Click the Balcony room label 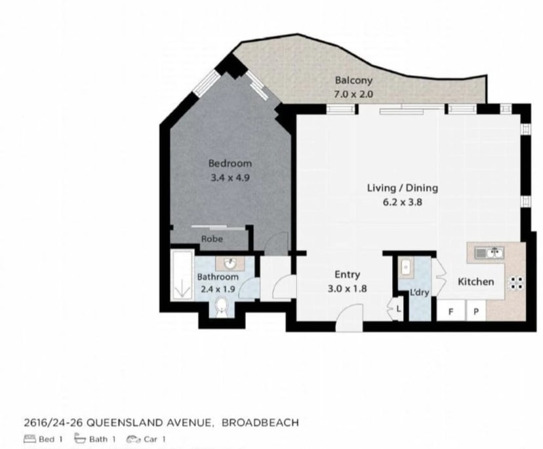353,81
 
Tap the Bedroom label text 230,163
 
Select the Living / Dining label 401,188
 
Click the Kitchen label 475,282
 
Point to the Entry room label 347,275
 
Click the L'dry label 419,293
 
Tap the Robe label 212,239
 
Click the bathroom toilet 222,305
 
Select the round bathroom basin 230,265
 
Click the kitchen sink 488,252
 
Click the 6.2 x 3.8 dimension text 401,202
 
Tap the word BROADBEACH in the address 260,423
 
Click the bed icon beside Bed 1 29,439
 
